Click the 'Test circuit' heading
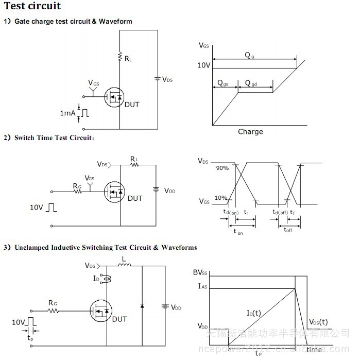click(32, 6)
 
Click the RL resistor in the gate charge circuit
click(119, 56)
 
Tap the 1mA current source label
click(67, 113)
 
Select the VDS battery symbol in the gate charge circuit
click(157, 79)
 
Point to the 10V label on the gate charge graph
click(203, 65)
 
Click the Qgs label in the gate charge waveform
click(224, 83)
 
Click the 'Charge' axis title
click(250, 132)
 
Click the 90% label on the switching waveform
click(222, 168)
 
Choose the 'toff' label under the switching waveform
click(288, 230)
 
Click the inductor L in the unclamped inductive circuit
click(124, 266)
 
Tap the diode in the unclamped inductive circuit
click(142, 305)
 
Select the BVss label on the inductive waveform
click(200, 273)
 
